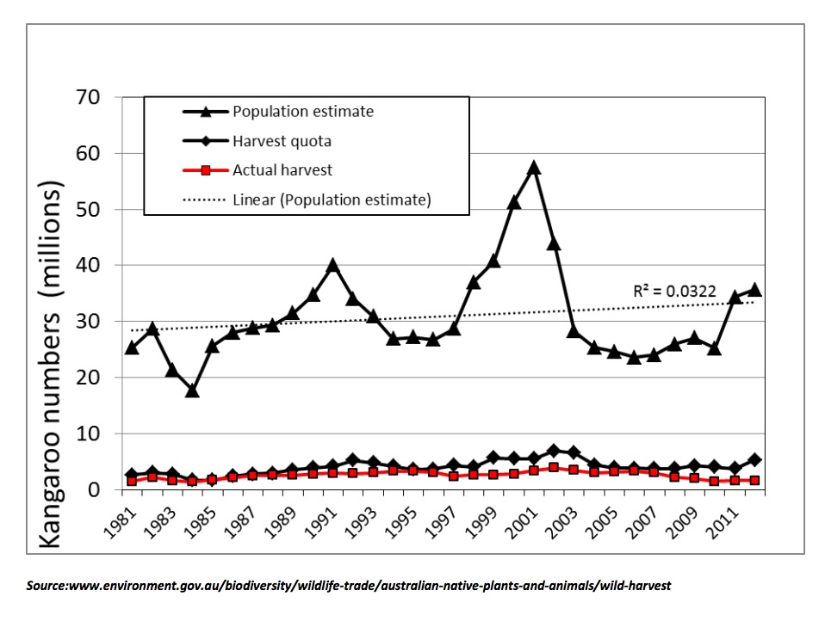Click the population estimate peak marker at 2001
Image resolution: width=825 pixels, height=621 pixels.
tap(534, 168)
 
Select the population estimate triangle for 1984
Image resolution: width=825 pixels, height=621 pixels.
tap(191, 390)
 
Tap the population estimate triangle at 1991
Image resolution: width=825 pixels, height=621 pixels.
tap(332, 266)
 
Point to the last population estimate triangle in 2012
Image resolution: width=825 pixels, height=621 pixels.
tap(755, 290)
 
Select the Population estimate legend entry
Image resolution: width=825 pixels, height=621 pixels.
tap(302, 112)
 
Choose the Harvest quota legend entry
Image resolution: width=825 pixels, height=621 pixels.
tap(281, 141)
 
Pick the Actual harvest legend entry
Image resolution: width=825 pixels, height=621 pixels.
tap(281, 170)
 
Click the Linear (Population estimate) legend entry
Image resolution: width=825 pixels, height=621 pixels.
tap(332, 200)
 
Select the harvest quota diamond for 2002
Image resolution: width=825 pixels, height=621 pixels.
tap(554, 451)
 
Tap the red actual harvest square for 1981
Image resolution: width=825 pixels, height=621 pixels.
tap(132, 481)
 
